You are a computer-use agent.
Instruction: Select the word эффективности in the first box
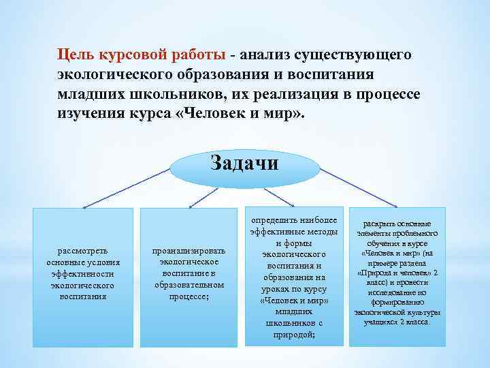tap(83, 274)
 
